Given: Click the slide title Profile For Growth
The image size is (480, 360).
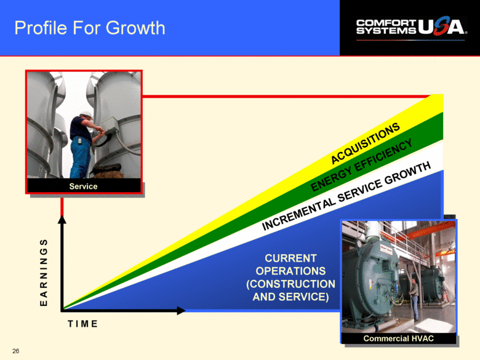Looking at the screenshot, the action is tap(90, 28).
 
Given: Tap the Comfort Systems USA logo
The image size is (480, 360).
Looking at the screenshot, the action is tap(412, 28).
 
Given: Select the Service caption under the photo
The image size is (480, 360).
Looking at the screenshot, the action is tap(83, 186).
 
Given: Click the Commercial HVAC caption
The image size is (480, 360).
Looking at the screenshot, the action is tap(399, 338).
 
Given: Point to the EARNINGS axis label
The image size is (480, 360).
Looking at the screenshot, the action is tap(44, 273).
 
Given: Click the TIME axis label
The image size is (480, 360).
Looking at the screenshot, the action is tap(82, 324).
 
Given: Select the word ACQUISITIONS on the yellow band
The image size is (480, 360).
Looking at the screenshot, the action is tap(365, 143).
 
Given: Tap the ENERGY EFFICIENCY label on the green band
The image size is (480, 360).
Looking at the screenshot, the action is tap(361, 165).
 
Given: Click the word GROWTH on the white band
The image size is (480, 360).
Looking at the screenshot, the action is tap(407, 174).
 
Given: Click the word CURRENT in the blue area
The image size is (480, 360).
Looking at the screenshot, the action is tap(290, 258).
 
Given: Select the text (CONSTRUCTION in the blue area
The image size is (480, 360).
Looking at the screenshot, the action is tap(290, 284).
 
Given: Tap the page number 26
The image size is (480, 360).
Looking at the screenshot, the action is tap(15, 351).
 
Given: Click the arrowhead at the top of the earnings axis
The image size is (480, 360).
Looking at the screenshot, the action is tap(62, 220).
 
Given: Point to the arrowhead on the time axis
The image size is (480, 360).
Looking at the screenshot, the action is tap(181, 310).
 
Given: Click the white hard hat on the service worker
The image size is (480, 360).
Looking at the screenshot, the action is tap(86, 115).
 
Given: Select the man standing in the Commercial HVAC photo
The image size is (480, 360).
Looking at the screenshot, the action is tap(414, 298).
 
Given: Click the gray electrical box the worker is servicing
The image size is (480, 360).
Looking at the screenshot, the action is tap(110, 125).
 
